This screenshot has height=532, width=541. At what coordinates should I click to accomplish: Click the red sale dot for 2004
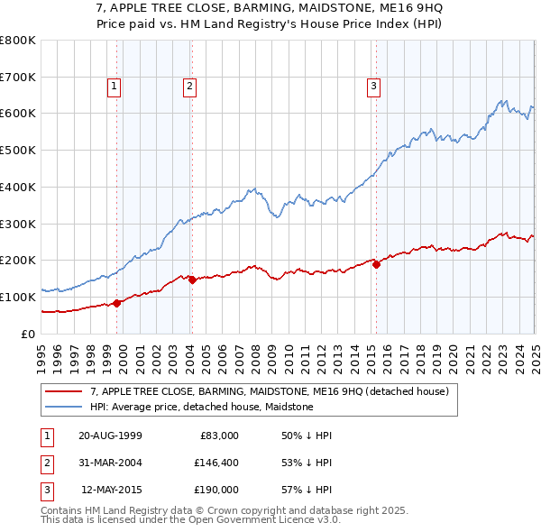192,280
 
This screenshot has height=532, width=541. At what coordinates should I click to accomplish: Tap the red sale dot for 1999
117,303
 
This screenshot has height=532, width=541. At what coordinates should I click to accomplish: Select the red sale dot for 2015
376,264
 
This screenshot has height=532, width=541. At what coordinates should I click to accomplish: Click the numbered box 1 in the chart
116,87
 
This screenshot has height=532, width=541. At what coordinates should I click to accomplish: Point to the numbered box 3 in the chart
373,87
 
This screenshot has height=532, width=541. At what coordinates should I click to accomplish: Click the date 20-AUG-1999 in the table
110,436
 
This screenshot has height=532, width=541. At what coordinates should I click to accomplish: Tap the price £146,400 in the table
215,463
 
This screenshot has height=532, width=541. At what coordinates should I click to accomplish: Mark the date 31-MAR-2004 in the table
110,463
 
